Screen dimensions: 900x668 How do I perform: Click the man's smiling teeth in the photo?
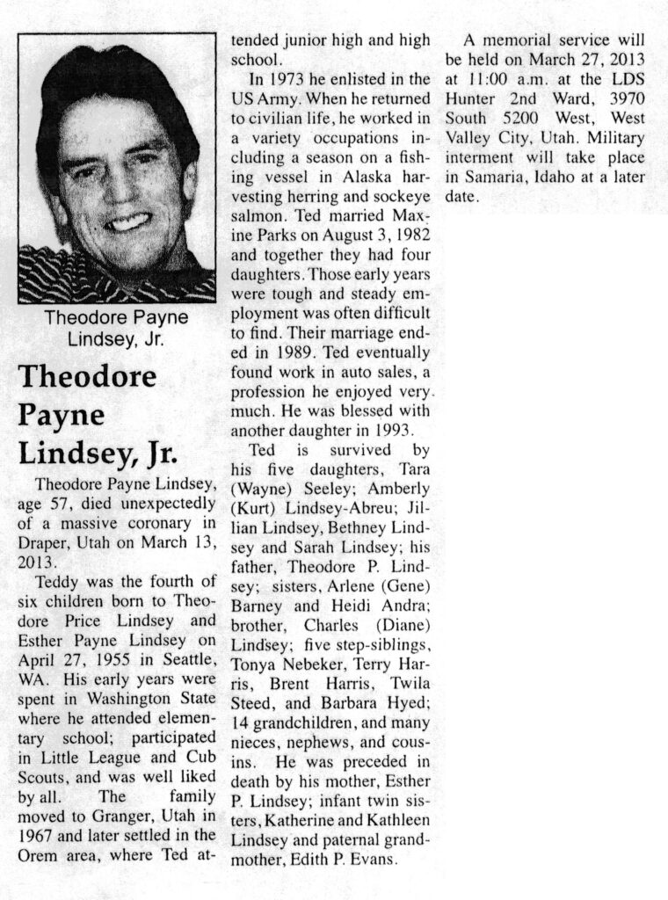tap(129, 221)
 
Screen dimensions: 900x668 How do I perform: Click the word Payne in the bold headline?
tap(62, 414)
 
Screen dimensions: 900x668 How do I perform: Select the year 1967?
tap(37, 832)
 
